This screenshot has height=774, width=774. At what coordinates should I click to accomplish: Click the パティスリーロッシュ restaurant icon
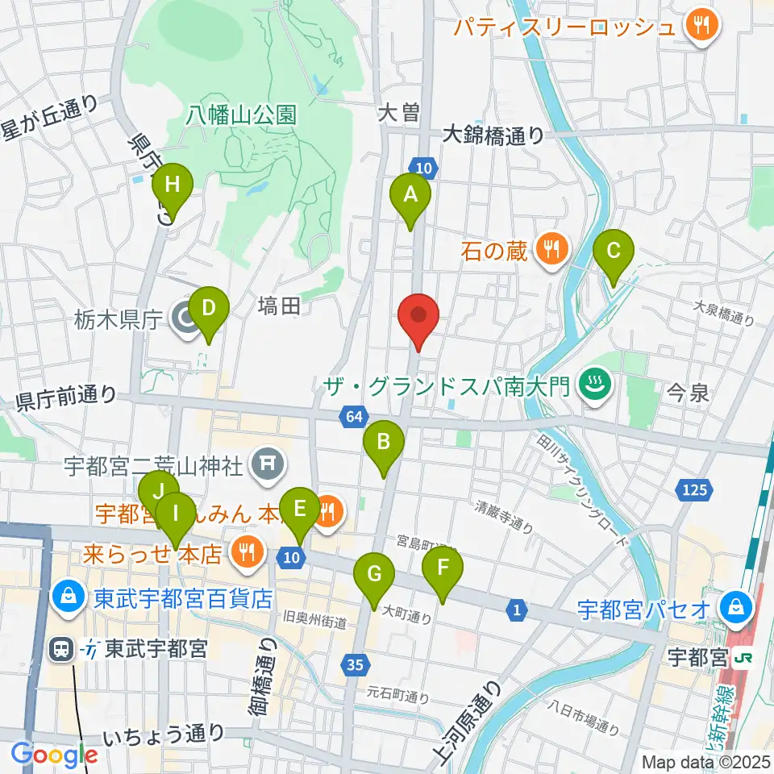click(701, 25)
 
